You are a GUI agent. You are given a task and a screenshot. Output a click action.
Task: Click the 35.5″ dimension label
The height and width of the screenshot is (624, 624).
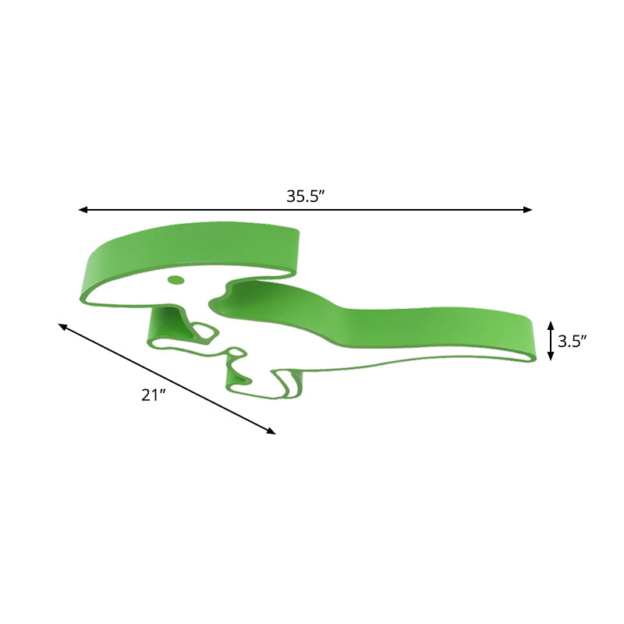point(306,197)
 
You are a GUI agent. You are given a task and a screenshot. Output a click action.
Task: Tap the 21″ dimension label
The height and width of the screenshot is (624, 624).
point(153,395)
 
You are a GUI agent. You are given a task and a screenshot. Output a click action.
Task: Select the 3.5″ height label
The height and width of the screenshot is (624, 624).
point(572,341)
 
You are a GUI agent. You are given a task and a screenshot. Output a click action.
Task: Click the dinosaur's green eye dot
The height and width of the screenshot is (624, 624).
point(175,280)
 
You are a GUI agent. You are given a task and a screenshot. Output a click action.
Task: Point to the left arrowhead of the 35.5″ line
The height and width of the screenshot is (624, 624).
point(83,210)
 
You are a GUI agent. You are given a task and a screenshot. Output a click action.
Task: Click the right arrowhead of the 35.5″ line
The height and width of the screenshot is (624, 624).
point(528,210)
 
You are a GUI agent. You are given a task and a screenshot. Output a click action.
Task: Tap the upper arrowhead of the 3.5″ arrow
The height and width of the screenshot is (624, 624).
point(551,324)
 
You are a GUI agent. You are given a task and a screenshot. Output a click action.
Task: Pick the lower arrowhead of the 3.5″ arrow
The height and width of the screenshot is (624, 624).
point(551,356)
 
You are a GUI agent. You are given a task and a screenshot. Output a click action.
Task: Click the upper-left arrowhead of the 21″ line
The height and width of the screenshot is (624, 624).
point(62,326)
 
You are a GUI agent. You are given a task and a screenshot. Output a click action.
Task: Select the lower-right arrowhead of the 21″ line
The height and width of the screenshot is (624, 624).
point(271,431)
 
